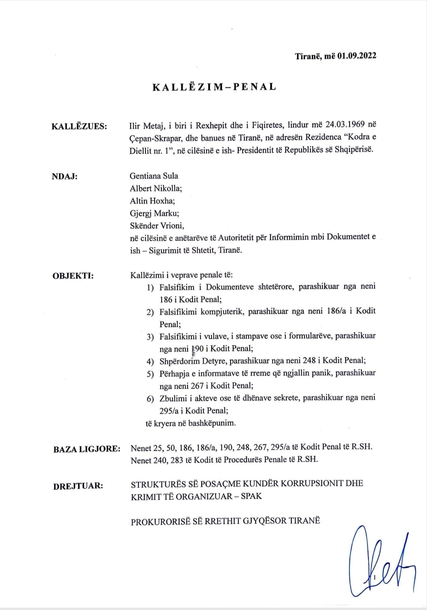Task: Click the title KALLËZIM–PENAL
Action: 214,87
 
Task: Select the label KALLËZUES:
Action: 79,127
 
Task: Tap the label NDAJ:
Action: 64,177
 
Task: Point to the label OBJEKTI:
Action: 73,276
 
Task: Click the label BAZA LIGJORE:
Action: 87,449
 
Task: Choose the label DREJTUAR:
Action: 78,486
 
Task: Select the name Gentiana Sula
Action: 154,176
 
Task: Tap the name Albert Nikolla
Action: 155,188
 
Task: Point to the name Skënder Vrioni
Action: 157,226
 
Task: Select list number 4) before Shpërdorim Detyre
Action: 150,361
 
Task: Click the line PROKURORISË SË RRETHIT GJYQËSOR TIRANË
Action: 225,521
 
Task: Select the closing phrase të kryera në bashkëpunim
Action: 191,423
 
